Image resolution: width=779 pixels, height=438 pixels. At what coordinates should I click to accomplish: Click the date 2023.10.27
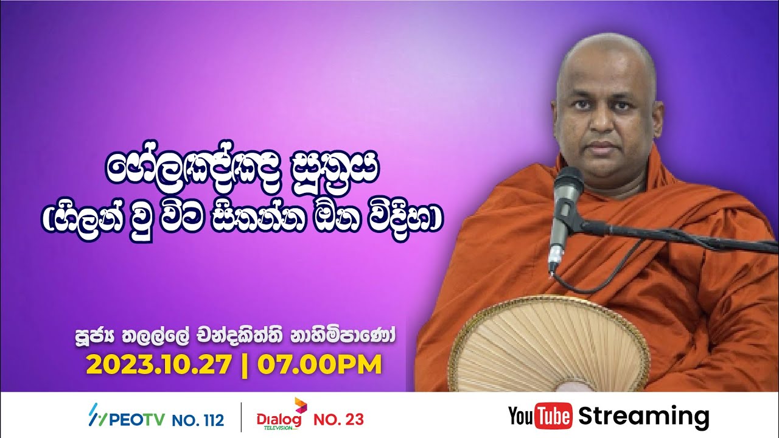coord(159,365)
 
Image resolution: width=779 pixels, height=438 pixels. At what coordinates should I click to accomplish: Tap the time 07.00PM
coord(320,365)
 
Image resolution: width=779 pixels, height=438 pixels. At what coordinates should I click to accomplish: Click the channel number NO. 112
coord(198,419)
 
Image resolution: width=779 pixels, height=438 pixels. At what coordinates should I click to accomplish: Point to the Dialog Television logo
coord(281,417)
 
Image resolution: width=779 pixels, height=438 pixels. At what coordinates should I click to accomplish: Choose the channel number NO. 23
coord(338,419)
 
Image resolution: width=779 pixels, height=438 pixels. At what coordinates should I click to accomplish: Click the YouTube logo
coord(540,417)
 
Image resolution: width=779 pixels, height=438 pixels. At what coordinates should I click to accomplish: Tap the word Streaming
coord(643,417)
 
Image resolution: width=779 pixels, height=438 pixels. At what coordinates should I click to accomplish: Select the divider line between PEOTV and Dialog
coord(241,417)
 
